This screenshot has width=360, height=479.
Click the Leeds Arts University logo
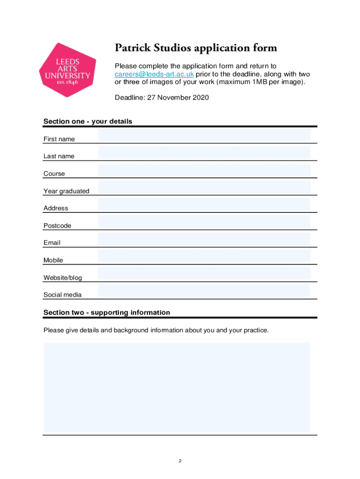[67, 70]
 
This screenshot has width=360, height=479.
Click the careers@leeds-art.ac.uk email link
[154, 74]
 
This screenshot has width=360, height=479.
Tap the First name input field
[204, 136]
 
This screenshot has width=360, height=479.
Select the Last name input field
[204, 153]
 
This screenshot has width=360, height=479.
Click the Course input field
[204, 170]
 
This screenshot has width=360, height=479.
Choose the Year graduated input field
[204, 188]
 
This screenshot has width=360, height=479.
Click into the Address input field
[204, 205]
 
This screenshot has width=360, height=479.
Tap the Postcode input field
[204, 222]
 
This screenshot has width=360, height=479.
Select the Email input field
[204, 239]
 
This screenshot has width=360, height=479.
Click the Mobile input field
[204, 257]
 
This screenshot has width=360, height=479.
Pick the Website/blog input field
[204, 274]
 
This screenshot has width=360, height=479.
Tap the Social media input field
[204, 291]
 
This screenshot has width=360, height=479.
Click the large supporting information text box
[177, 387]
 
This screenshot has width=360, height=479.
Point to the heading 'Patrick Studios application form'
[196, 48]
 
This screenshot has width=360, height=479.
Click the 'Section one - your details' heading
[88, 122]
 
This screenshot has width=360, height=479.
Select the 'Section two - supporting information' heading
[107, 312]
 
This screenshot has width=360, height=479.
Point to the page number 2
[180, 461]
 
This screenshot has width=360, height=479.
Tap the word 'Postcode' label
[57, 225]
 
